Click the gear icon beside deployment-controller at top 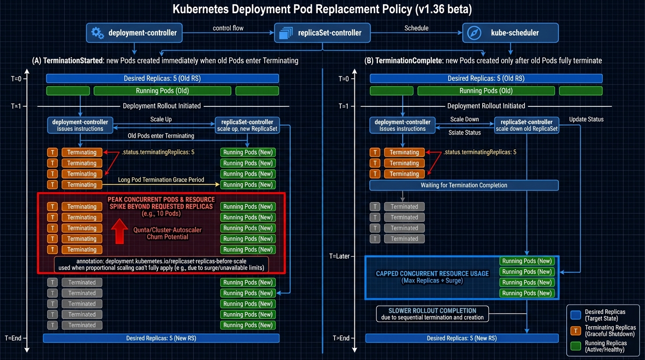tap(97, 33)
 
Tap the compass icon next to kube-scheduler tap(474, 33)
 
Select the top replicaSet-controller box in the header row tap(322, 33)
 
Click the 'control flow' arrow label tap(228, 28)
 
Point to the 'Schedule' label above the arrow tap(416, 28)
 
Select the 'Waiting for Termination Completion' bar tap(464, 185)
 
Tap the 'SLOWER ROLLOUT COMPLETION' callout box tap(432, 314)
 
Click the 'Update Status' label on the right tap(586, 120)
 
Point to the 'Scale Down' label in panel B tap(465, 120)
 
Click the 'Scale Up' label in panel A tap(161, 120)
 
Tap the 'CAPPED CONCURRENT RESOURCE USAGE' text tap(432, 274)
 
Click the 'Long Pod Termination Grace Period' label tap(161, 180)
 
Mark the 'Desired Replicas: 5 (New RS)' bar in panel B tap(462, 338)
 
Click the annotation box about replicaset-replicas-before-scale tap(161, 264)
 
